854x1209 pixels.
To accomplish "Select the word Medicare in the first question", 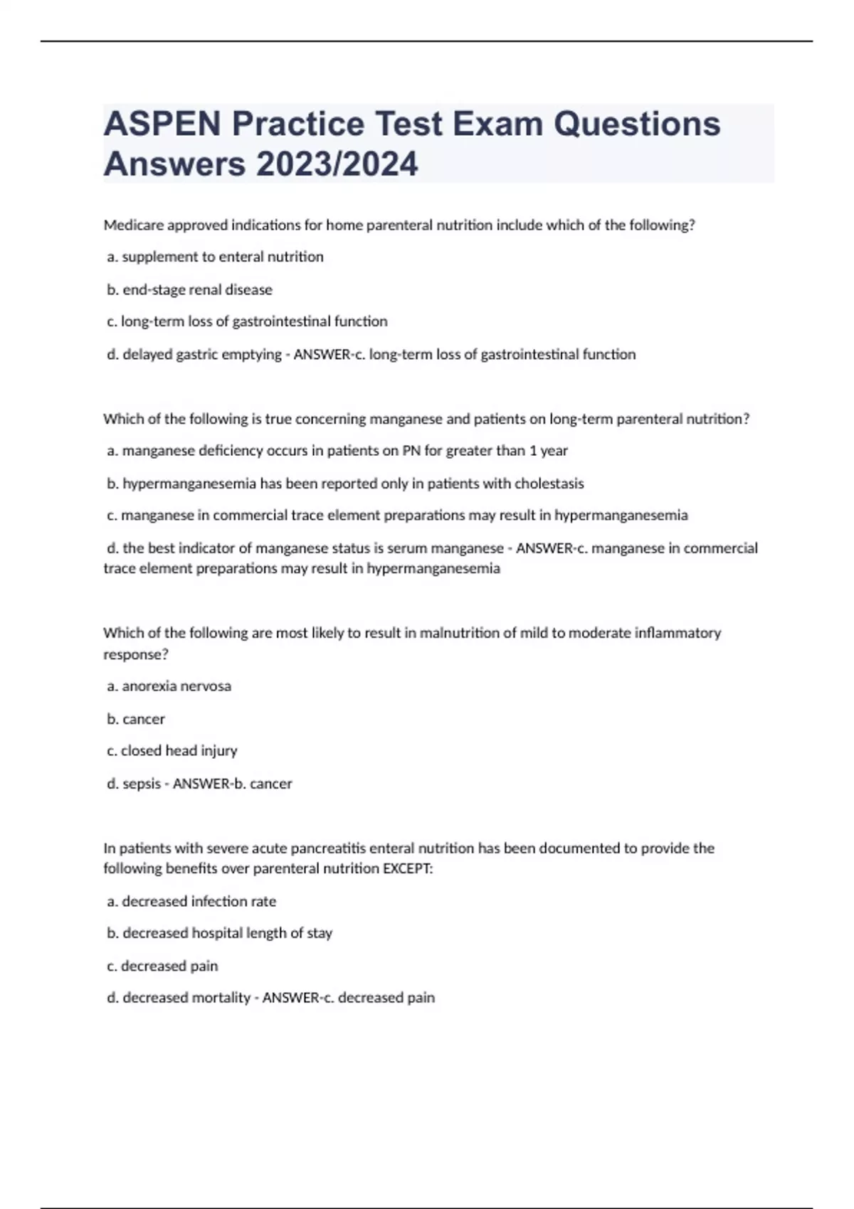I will click(133, 225).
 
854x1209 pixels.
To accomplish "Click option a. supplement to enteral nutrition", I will click(215, 257).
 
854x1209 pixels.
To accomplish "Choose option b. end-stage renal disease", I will click(189, 289).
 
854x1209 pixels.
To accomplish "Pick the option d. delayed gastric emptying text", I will click(194, 354).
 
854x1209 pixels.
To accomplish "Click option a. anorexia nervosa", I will click(169, 686).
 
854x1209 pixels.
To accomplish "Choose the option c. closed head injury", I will click(172, 751).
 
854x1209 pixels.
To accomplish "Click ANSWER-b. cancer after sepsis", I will click(233, 784).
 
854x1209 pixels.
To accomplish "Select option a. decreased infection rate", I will click(191, 901).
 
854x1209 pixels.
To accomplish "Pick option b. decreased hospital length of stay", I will click(220, 933).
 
